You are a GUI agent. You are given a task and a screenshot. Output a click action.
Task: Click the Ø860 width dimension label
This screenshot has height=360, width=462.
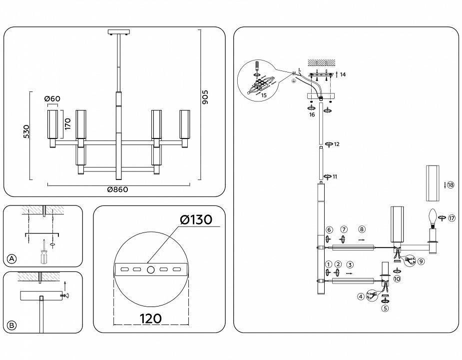118,189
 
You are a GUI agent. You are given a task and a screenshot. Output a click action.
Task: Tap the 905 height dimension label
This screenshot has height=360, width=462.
204,97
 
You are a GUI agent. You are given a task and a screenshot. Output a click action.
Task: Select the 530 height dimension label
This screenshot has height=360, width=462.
27,131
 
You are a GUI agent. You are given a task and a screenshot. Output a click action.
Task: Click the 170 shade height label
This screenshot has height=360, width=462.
68,124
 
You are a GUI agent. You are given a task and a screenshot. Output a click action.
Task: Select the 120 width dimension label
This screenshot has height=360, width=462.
151,318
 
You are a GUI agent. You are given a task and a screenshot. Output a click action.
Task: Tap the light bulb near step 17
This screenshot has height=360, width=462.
433,217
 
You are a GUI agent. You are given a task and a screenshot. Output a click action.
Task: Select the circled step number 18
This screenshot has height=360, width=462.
451,185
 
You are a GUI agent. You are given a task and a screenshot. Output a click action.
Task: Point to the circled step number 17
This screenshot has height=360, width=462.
452,217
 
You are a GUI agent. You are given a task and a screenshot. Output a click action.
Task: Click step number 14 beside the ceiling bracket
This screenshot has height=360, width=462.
343,74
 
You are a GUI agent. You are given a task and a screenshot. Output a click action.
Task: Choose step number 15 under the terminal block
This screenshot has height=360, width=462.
264,95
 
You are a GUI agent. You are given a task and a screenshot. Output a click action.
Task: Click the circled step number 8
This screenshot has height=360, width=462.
362,229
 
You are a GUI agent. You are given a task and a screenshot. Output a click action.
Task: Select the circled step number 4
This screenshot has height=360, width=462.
361,296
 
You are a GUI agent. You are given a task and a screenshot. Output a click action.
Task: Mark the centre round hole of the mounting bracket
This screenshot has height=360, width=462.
151,269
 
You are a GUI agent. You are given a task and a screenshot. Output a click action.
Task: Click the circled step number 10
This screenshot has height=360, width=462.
397,279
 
